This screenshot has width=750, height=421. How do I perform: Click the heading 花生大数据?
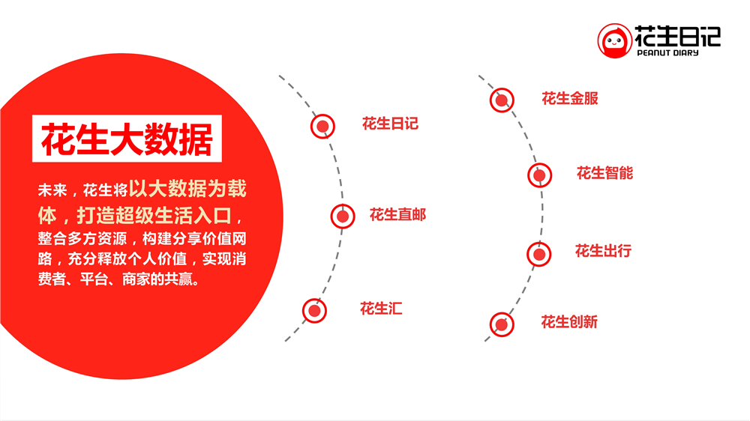click(x=126, y=139)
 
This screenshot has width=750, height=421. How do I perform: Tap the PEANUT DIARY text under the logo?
click(x=667, y=53)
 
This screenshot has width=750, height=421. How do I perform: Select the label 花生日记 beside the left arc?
click(x=390, y=124)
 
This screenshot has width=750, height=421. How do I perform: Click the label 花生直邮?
click(x=397, y=215)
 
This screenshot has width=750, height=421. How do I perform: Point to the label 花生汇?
click(x=381, y=308)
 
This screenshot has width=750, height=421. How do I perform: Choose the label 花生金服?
click(x=570, y=98)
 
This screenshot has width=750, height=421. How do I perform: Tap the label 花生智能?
click(x=604, y=173)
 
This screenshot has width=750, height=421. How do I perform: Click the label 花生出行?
click(x=603, y=251)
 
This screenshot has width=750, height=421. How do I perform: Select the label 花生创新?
click(x=569, y=322)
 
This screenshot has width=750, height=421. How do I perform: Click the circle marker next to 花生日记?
click(x=322, y=126)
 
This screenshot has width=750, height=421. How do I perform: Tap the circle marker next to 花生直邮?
click(x=343, y=216)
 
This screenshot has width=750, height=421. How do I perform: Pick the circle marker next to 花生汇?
click(x=314, y=310)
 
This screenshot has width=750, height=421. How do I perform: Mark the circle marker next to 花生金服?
click(x=502, y=100)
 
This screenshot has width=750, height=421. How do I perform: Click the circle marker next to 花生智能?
click(x=538, y=175)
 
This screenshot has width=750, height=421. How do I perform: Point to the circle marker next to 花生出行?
click(x=538, y=254)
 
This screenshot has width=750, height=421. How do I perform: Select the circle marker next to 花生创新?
click(x=502, y=324)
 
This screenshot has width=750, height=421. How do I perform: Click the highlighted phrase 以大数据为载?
click(x=187, y=189)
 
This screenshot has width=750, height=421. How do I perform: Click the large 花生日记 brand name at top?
click(x=678, y=35)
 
